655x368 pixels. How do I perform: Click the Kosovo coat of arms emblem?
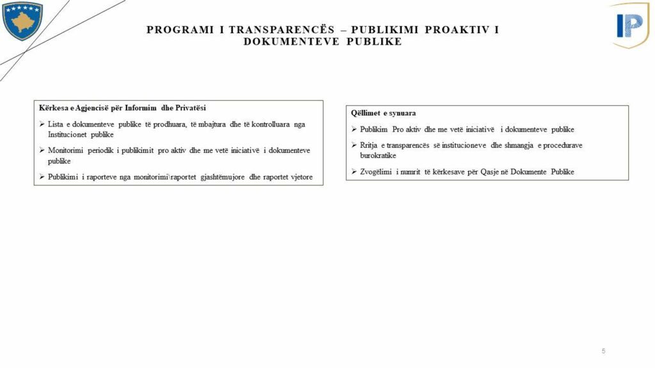pyautogui.click(x=22, y=20)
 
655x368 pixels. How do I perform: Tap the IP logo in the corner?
pyautogui.click(x=630, y=25)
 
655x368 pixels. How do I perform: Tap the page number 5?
pyautogui.click(x=603, y=351)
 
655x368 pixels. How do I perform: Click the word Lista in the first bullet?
pyautogui.click(x=56, y=124)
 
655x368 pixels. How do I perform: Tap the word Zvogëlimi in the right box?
pyautogui.click(x=377, y=171)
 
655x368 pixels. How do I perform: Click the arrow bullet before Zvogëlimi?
pyautogui.click(x=354, y=171)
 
